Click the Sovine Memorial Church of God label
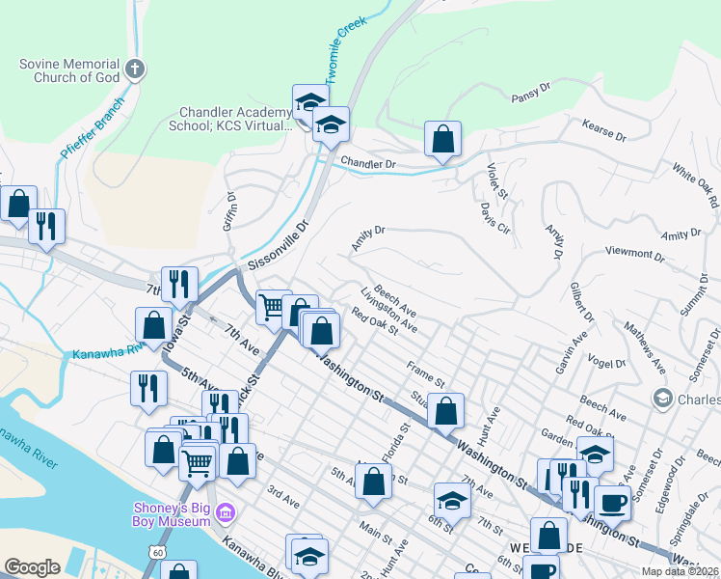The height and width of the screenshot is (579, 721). coord(69,70)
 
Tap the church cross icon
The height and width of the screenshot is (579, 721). coord(135,69)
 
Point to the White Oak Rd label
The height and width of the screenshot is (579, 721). coord(696,188)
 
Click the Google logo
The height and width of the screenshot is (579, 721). coord(32,567)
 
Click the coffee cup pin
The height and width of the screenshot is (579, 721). coord(612,503)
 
